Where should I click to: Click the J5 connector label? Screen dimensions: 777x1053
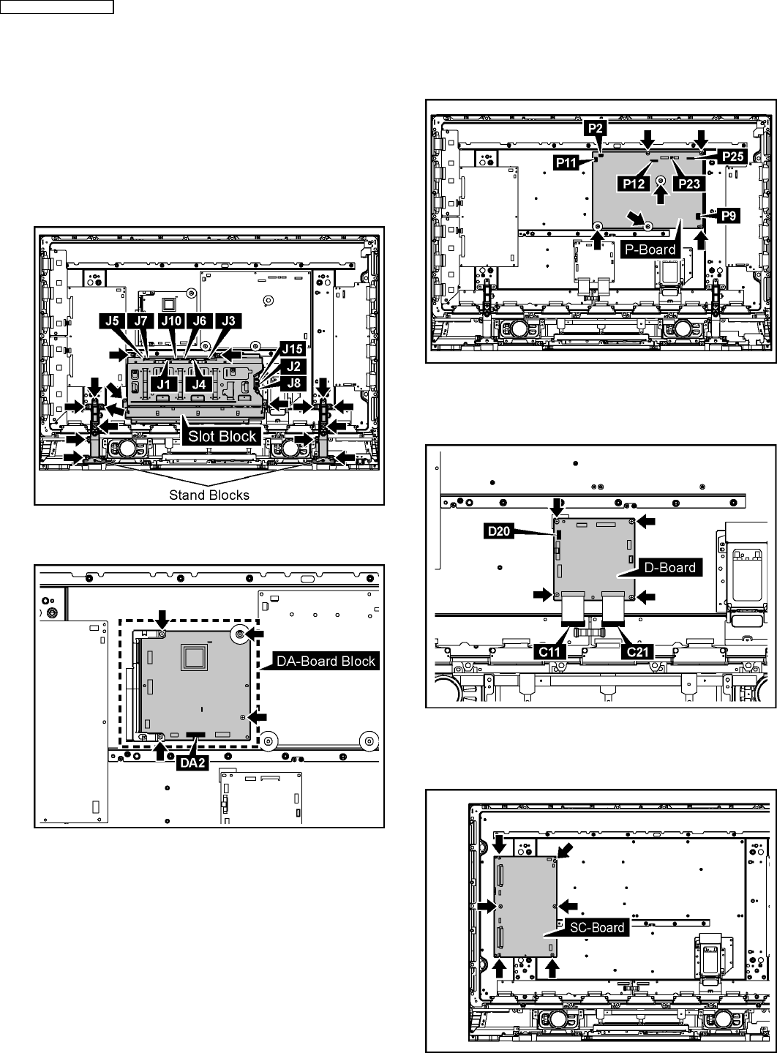[112, 321]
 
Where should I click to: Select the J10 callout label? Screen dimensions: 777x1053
[171, 321]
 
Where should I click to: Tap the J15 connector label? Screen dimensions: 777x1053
[293, 349]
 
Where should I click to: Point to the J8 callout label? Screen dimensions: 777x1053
[294, 383]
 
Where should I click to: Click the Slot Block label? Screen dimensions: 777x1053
[222, 436]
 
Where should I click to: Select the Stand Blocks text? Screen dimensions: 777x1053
[209, 495]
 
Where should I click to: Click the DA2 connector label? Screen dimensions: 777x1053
[192, 763]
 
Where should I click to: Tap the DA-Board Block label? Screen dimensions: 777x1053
[326, 661]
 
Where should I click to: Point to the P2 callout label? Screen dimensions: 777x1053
[596, 128]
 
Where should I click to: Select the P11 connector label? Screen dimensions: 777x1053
[566, 163]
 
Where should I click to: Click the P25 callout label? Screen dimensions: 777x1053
[733, 156]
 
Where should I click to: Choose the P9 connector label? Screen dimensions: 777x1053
[729, 216]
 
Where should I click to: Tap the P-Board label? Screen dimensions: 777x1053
[650, 250]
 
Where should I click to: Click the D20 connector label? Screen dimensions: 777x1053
[499, 531]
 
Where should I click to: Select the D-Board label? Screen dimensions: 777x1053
[669, 567]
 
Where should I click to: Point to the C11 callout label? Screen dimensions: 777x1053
[549, 652]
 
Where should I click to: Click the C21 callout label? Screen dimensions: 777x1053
[637, 652]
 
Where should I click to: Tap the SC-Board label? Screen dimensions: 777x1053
[597, 927]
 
